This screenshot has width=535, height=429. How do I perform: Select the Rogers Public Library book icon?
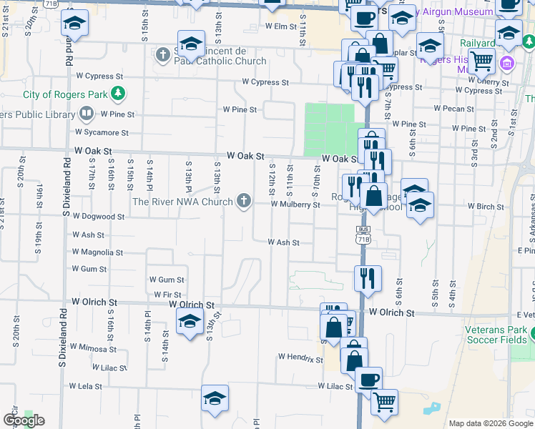87,113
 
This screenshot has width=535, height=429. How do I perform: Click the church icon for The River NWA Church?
244,202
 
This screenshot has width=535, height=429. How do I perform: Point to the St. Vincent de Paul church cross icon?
163,54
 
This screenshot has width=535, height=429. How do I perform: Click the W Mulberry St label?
295,204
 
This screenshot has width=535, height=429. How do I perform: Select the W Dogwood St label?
99,217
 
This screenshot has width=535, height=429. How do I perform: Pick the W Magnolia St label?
98,252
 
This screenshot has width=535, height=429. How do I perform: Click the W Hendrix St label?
300,357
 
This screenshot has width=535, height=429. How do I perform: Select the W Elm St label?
280,26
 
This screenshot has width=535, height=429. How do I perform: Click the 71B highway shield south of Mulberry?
363,235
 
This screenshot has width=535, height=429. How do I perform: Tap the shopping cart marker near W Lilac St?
385,402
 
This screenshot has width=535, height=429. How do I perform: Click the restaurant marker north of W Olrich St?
368,277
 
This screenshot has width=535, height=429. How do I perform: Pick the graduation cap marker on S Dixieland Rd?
74,24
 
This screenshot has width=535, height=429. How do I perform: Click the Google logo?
24,420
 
